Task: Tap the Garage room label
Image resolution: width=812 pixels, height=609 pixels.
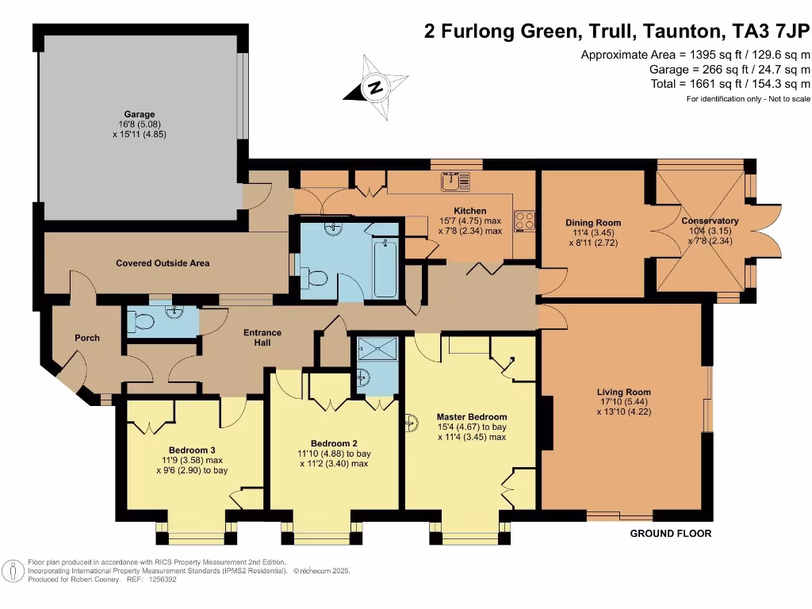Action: pos(139,114)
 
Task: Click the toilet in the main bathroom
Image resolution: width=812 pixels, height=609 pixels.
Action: pos(315,278)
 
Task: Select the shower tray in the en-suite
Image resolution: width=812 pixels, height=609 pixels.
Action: pos(370,350)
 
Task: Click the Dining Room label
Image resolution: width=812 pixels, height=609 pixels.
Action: pos(592,223)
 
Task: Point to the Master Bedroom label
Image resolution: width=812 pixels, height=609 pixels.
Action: pos(471,416)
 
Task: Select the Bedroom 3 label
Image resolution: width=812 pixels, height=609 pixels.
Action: pos(192,450)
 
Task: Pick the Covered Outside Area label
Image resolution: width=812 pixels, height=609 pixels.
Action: pos(163,262)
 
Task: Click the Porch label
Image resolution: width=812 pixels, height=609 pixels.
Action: pos(87,338)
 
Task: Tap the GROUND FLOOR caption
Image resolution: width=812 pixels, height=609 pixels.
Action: pos(670,534)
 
